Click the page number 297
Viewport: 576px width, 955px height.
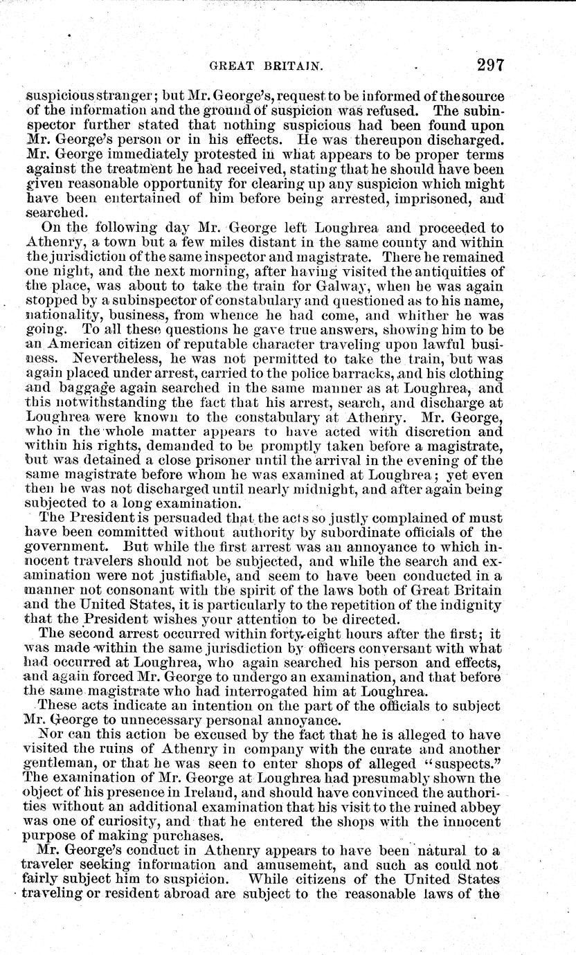tap(489, 66)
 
